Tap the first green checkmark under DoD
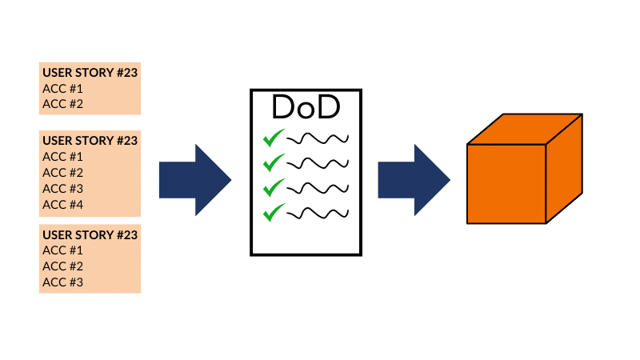[x=274, y=138]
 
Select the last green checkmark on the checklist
[x=274, y=212]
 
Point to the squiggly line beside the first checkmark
[x=318, y=138]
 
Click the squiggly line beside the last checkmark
[x=318, y=213]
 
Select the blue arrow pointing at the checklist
[x=194, y=180]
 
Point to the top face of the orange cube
[x=524, y=130]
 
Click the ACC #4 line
[x=62, y=204]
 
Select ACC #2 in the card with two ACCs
[x=62, y=103]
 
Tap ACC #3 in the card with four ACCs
[x=62, y=188]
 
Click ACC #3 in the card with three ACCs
[x=62, y=282]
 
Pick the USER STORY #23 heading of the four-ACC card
[x=90, y=141]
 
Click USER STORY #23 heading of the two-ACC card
[x=90, y=72]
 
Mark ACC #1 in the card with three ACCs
[x=62, y=250]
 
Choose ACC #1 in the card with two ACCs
[x=62, y=88]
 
